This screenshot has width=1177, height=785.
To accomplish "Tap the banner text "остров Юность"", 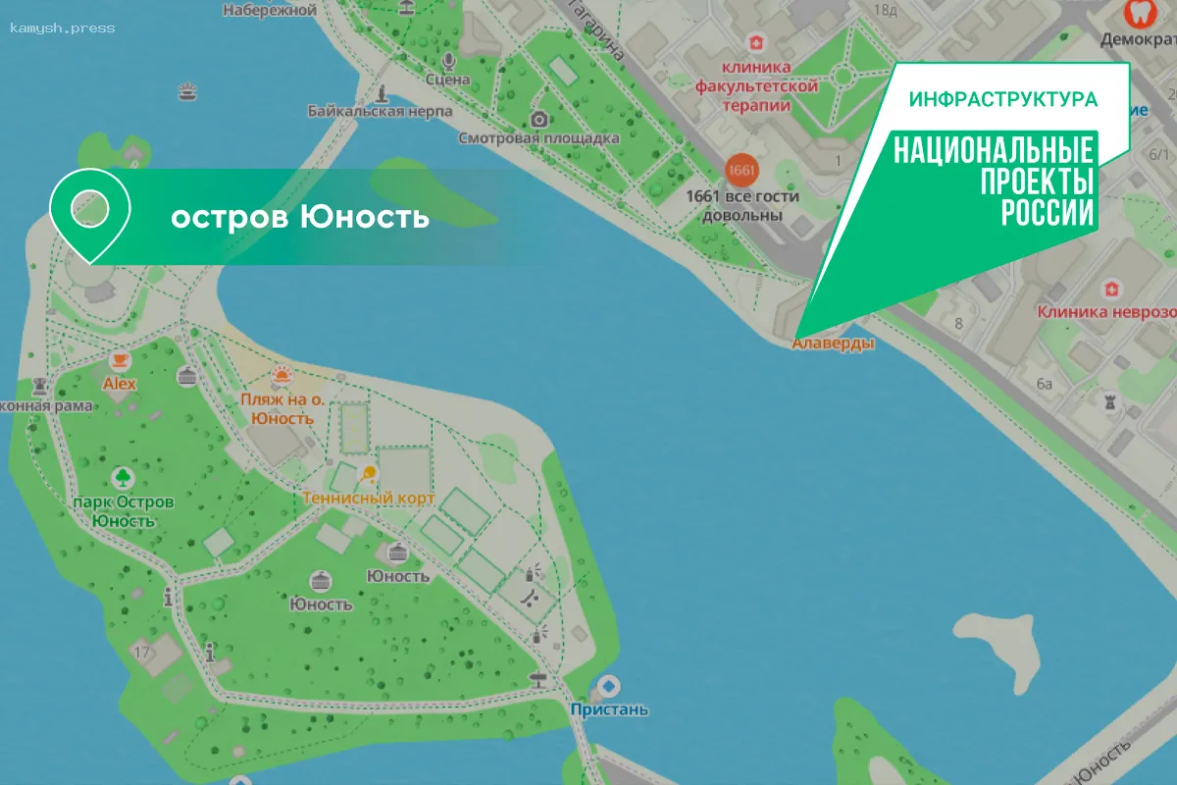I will [x=300, y=217].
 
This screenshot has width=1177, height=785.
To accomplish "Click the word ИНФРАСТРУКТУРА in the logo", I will [x=1002, y=100].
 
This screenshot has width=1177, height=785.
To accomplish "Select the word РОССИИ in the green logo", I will [x=1047, y=212].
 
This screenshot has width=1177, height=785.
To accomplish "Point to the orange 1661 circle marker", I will [x=742, y=171].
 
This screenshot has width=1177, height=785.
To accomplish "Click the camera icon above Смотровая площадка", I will [x=538, y=120].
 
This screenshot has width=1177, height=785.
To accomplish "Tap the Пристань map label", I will [x=609, y=709].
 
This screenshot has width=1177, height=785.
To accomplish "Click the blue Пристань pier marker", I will [x=609, y=687].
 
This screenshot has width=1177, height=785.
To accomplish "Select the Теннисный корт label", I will [x=369, y=498].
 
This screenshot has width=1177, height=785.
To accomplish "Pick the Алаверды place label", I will [x=833, y=343].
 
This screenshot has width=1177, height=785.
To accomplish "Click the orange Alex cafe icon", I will [x=120, y=360].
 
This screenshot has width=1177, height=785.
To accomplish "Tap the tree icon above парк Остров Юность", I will [x=123, y=478].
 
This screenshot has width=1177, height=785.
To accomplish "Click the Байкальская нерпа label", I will [x=380, y=111].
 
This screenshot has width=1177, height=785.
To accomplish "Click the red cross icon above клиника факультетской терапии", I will [x=755, y=42].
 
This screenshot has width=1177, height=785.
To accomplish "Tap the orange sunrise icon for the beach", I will [x=282, y=376].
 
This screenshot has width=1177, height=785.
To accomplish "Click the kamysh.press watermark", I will [x=63, y=27].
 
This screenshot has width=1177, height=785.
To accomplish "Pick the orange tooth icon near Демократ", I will [x=1137, y=14].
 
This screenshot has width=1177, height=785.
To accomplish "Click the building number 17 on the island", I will [x=142, y=652].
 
